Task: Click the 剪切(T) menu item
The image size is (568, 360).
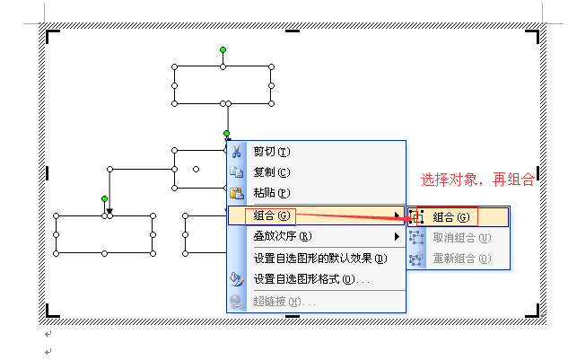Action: [x=272, y=151]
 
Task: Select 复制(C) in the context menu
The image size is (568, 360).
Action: [x=272, y=171]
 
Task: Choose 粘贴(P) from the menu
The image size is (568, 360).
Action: [x=272, y=192]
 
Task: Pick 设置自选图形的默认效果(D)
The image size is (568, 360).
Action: [x=319, y=258]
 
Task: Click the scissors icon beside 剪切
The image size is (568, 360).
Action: [x=237, y=151]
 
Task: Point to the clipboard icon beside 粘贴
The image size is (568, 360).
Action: [x=237, y=192]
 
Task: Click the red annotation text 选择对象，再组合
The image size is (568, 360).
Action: [x=477, y=180]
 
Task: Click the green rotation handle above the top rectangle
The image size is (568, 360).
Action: [x=223, y=49]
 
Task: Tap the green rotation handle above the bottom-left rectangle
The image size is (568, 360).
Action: [x=104, y=198]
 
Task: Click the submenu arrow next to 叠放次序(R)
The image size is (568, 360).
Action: [x=397, y=236]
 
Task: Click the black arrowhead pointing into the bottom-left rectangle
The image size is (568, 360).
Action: [x=109, y=211]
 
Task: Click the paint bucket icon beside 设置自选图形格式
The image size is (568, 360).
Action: [x=237, y=279]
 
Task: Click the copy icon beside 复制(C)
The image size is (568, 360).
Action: [x=237, y=171]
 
